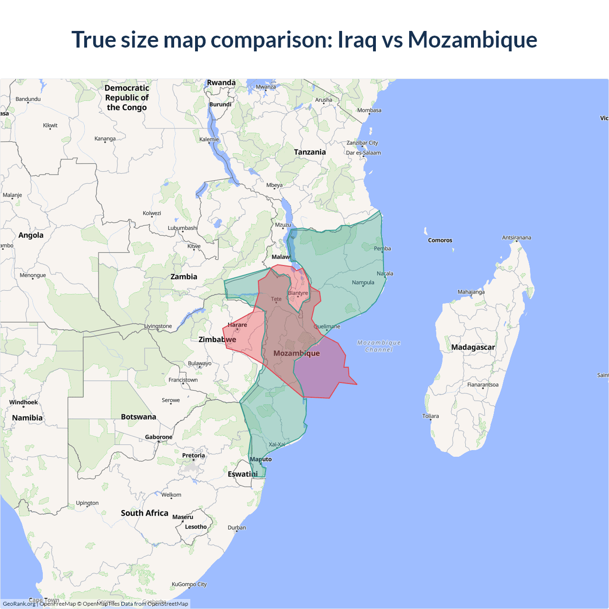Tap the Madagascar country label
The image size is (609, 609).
point(473,347)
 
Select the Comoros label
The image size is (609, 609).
point(440,240)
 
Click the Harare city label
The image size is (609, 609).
point(237,325)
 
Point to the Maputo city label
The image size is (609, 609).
point(261,459)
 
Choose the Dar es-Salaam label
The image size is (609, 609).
point(363,153)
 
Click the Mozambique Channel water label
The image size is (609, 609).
point(379,346)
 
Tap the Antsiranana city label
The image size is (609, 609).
point(517,237)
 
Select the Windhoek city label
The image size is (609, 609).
point(23,403)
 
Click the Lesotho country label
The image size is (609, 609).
point(196,527)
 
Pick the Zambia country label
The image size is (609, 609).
point(184,277)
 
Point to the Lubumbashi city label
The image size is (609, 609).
point(183,228)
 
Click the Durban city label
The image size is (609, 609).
point(237,527)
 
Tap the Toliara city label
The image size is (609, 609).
point(431,416)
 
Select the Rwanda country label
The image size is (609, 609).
point(221,83)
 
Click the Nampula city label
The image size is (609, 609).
point(363,283)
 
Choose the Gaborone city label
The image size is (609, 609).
point(159,437)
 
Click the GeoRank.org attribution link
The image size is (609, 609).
point(19,604)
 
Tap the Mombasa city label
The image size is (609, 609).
point(369,110)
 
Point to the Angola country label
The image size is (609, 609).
point(31,235)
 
